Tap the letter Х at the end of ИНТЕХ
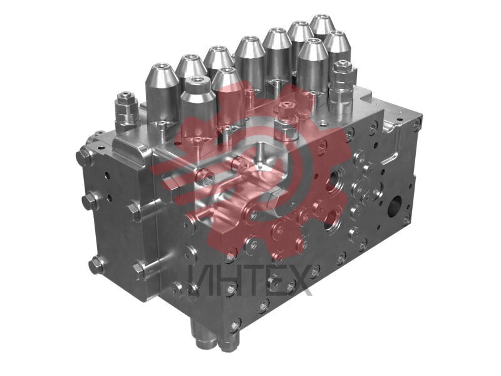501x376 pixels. pos(298,280)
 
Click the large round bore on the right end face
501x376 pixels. pos(395,206)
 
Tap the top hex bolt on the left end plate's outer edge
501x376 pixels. pos(85,156)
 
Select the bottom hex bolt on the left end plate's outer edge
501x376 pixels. pos(96,265)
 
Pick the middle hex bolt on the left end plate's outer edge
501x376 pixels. pos(90,201)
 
